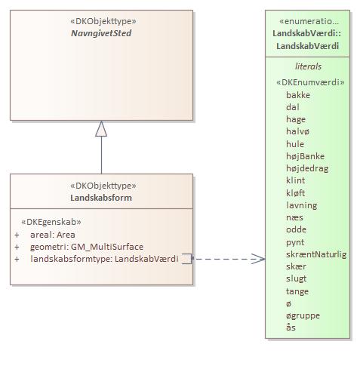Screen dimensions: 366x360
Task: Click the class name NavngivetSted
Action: (102, 34)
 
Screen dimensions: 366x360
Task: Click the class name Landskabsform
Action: (102, 198)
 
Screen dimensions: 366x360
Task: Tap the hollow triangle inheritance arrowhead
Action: (101, 129)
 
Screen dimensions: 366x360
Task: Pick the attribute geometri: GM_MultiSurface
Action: (86, 247)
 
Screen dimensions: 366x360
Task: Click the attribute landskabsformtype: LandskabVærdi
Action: (104, 259)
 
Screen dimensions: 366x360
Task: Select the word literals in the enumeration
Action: (308, 66)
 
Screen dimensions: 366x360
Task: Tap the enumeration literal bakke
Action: (298, 95)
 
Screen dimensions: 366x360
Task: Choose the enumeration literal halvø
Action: (298, 131)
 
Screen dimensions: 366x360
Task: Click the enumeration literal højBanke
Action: (306, 156)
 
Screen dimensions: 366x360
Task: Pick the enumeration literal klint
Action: (296, 180)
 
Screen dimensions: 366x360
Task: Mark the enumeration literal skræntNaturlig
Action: (316, 254)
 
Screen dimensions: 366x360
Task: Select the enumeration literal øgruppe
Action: (303, 315)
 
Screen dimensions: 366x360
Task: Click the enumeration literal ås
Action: (291, 328)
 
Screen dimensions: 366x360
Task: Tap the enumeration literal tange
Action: (297, 291)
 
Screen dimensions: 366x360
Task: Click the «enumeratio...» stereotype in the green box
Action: (309, 21)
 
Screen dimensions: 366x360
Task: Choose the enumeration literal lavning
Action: (301, 205)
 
